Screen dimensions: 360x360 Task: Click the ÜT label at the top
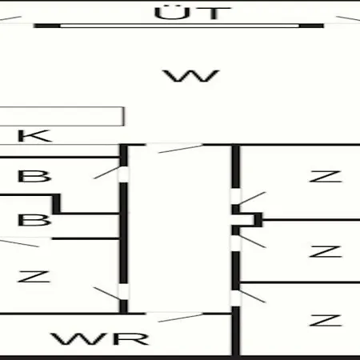192,13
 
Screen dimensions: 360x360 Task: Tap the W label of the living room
191,76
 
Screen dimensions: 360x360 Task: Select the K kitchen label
34,136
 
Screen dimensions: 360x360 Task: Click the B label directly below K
34,176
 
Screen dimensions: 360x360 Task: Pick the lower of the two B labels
34,220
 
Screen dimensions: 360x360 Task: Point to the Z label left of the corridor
34,276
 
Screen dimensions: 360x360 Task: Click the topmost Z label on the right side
326,177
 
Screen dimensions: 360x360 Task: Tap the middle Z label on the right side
326,251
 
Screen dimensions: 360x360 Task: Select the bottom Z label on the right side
326,320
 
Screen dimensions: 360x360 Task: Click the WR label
100,338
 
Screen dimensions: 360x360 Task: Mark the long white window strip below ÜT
179,26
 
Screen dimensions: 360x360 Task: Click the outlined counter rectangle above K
62,116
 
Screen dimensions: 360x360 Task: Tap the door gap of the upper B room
123,174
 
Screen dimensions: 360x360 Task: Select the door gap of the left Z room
123,292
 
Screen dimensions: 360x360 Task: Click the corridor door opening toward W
174,145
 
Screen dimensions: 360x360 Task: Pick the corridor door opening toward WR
174,314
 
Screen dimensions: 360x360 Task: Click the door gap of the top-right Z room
235,196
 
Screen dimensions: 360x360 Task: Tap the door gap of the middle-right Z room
235,243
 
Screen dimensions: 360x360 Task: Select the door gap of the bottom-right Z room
235,298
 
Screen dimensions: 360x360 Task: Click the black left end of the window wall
47,26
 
